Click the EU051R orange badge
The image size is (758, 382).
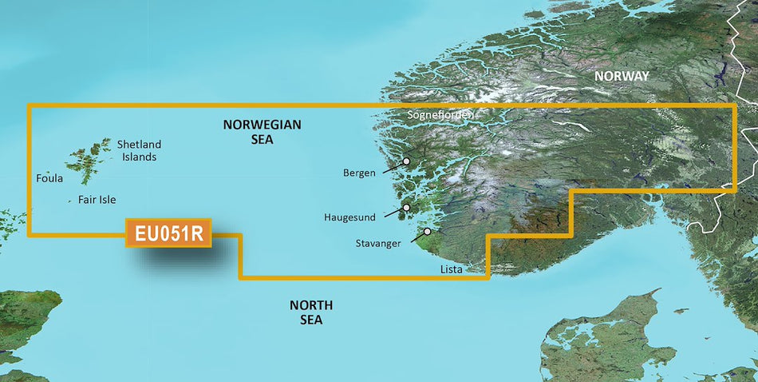(168, 234)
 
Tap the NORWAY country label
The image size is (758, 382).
(622, 76)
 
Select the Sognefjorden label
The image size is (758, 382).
(440, 115)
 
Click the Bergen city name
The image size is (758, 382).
(359, 173)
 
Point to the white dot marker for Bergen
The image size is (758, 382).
(406, 161)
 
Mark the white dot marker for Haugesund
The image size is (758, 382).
(406, 208)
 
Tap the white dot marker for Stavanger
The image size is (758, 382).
(428, 232)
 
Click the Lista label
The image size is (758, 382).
(451, 270)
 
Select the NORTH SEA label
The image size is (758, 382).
(311, 312)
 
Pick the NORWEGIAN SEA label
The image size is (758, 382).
(262, 132)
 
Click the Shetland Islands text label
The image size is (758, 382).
(139, 150)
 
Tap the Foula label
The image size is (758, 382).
(49, 179)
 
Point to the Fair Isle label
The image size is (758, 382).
(102, 201)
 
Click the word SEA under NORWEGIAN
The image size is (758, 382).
(262, 139)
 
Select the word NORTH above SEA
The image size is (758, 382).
(311, 305)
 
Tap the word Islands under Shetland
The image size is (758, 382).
(139, 157)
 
